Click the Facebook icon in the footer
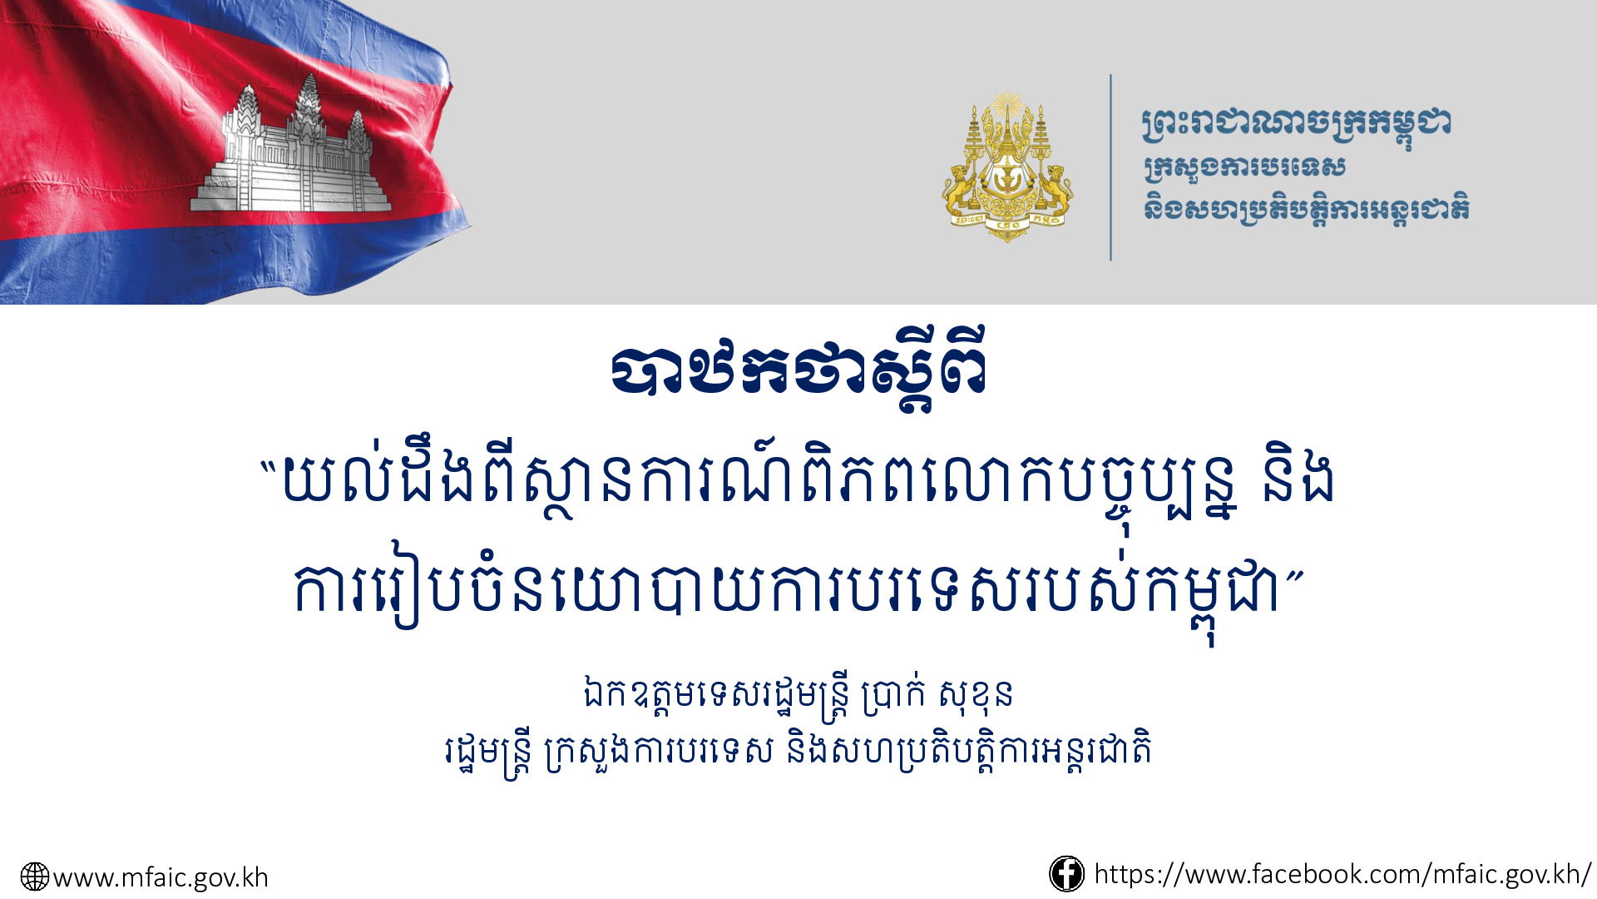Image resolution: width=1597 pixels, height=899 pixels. coord(1066,874)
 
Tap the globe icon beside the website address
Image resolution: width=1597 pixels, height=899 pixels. coord(35,877)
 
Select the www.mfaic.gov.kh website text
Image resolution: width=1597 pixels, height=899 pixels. coord(161,877)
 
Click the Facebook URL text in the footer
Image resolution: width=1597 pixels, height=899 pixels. coord(1342,874)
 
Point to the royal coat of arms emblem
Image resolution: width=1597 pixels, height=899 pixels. coord(1007,166)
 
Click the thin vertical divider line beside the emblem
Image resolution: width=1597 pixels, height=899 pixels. coord(1110,167)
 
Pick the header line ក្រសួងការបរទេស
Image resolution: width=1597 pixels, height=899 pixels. coord(1244,168)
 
